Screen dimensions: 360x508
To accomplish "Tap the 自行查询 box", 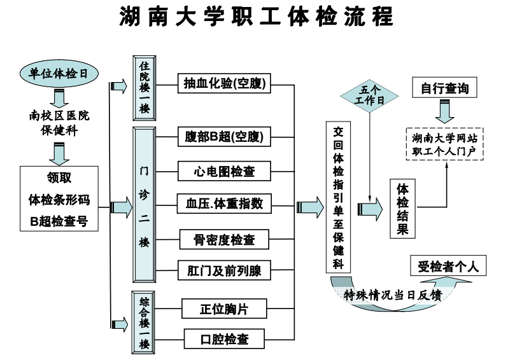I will pos(444,88).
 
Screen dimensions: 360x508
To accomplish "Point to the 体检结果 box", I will pos(403,209).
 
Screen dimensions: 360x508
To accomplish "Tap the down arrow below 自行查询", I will pos(444,113).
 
